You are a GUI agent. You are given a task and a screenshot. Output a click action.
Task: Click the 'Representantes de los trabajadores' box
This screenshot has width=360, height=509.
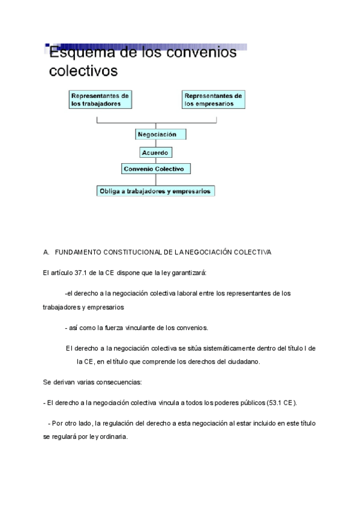pos(100,99)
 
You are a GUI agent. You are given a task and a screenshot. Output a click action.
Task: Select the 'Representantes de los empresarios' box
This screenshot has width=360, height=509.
pos(214,99)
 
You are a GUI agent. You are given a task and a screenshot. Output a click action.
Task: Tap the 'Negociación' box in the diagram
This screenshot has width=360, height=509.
pos(157,134)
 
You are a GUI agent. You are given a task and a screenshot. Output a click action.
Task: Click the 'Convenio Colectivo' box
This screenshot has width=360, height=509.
pos(157,169)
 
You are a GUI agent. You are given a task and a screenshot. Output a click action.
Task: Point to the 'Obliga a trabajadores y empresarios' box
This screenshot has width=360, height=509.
pos(156,191)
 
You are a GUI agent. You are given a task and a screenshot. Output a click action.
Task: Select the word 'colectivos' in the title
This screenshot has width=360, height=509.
pos(83,71)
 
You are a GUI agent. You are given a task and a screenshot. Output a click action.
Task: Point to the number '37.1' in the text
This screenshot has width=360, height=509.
pos(80,273)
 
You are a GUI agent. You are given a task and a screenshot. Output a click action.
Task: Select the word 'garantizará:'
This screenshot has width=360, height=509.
pos(189,273)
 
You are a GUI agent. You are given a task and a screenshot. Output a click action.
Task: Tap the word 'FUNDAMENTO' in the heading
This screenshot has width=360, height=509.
pos(74,252)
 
